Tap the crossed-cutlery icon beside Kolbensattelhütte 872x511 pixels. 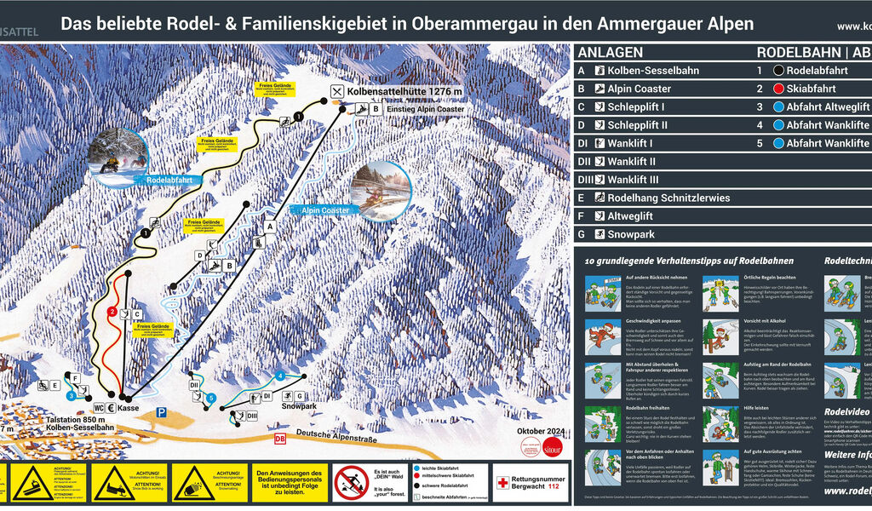(337, 91)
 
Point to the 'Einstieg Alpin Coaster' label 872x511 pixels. (426, 109)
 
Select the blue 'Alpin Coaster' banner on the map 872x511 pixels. (323, 209)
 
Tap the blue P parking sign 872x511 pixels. (160, 412)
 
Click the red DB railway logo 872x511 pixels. (279, 439)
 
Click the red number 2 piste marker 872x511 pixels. (112, 312)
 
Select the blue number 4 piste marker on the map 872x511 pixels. (280, 376)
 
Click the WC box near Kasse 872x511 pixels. (99, 407)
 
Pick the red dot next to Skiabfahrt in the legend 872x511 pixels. (777, 89)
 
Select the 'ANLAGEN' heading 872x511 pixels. (611, 52)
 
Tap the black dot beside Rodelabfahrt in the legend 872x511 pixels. (777, 71)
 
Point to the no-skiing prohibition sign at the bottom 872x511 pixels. (351, 483)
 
